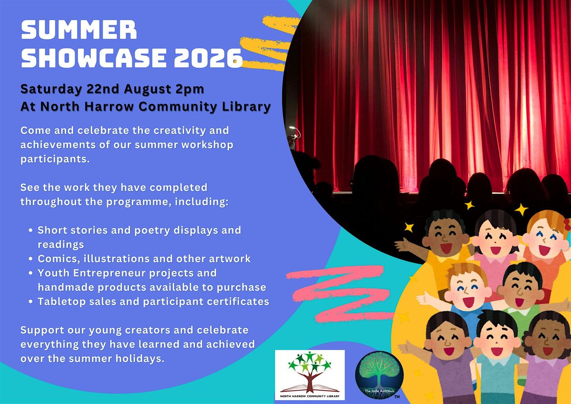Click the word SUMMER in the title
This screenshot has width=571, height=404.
[79, 30]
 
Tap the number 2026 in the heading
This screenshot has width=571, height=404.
[208, 58]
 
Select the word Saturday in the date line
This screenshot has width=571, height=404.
[51, 89]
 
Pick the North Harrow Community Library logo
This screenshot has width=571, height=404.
[310, 374]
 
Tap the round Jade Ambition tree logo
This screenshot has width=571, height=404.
[379, 375]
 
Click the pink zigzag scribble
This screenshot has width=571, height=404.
[339, 294]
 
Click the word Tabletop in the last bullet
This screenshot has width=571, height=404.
[58, 302]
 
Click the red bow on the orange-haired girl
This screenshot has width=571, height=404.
[567, 225]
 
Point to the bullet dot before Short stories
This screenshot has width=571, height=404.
[30, 230]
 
